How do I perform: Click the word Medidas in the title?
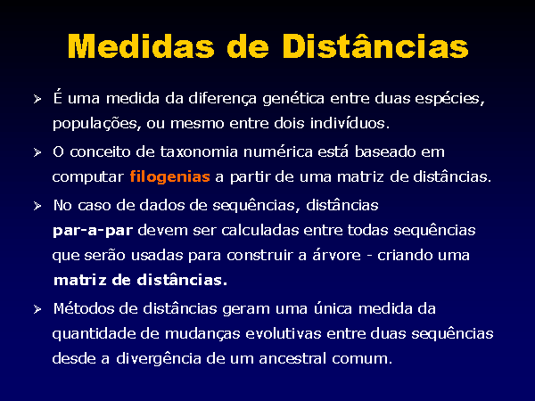pos(141,46)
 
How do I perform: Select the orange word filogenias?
pos(169,177)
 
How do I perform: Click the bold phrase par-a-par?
pos(93,231)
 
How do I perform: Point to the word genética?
pos(293,99)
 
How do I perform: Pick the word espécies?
pos(448,99)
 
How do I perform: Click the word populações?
pos(95,124)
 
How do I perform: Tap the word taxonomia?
pos(199,151)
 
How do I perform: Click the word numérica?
pos(277,151)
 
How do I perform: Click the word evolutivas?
pos(284,333)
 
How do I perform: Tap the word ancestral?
pos(292,358)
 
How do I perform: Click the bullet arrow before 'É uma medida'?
pos(37,99)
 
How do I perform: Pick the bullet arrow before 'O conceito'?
pos(37,152)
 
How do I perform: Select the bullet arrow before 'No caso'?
pos(37,206)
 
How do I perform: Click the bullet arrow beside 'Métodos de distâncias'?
pos(37,309)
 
